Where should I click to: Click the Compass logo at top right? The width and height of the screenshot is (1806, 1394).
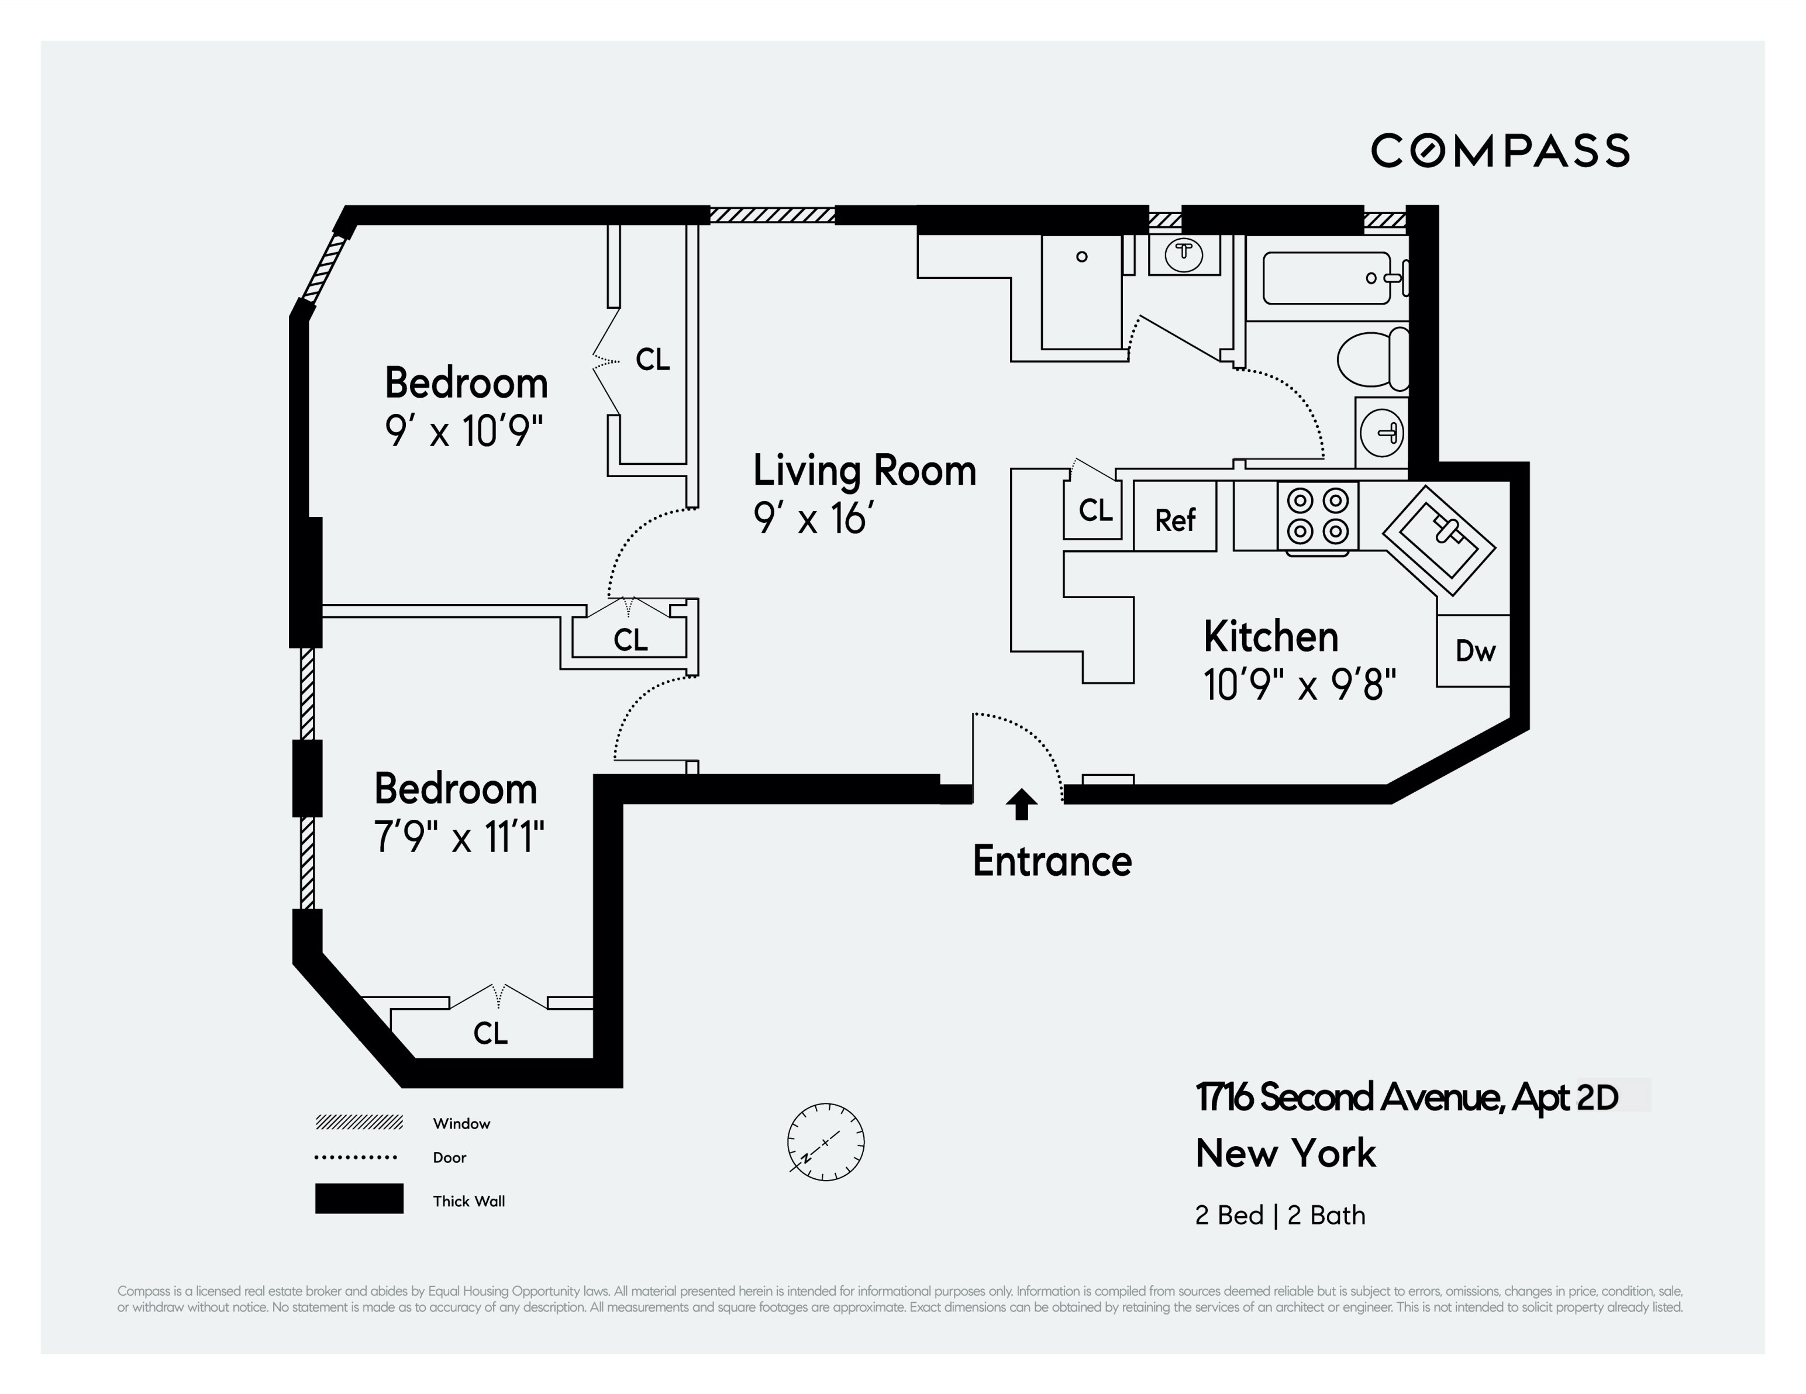1500,150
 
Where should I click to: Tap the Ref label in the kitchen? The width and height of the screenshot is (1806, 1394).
1174,520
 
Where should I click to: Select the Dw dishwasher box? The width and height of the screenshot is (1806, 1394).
1474,651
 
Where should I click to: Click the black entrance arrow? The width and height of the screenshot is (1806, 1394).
1021,803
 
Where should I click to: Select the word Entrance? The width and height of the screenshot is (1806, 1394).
1052,861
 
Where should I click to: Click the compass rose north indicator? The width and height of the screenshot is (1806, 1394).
825,1141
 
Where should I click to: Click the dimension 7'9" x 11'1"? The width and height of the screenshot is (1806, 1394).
459,837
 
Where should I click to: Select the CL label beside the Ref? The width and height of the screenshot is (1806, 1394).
1095,510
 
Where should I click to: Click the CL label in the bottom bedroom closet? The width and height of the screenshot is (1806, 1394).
490,1033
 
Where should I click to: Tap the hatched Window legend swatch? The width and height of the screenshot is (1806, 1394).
359,1122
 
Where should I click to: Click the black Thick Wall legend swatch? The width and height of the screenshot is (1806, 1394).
359,1198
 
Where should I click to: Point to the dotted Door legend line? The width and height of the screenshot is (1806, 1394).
356,1157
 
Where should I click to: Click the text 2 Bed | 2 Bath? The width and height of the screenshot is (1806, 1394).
1279,1214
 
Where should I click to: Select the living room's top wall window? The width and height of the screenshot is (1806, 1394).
773,215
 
